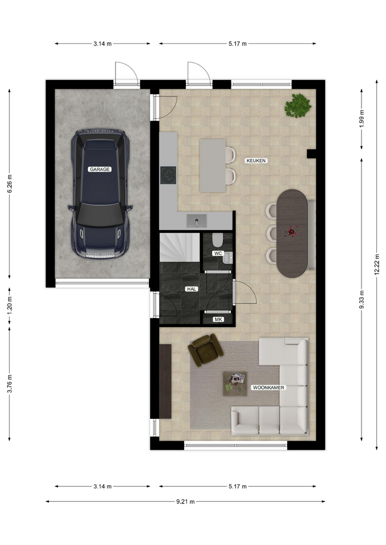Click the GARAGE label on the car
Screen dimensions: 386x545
pos(100,169)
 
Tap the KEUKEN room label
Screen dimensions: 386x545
pos(256,161)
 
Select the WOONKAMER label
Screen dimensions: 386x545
pos(268,388)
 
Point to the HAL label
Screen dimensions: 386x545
pos(192,289)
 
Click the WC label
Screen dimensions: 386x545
pos(218,253)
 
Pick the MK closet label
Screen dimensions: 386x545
pos(218,320)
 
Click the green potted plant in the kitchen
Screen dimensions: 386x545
pos(297,106)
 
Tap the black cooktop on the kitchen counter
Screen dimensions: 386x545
pos(168,175)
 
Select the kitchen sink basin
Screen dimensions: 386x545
pos(197,221)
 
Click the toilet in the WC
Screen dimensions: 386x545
pos(218,240)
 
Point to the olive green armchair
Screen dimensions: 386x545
pos(205,350)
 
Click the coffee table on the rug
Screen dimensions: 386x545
pos(235,384)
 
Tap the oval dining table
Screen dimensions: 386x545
pos(292,233)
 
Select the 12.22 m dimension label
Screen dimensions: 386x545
pos(377,265)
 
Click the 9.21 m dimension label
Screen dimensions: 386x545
pos(185,501)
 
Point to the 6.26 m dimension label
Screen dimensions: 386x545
pos(10,183)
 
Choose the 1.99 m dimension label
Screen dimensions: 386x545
pos(362,119)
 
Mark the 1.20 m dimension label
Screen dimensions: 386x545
pos(10,305)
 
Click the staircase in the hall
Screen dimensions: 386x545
pos(180,248)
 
